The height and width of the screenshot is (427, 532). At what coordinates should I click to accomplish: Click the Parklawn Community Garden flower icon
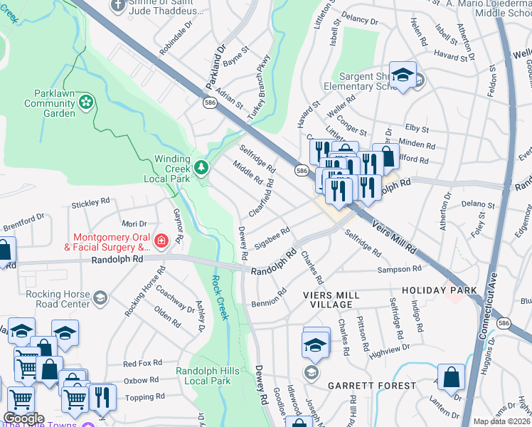(x=87, y=102)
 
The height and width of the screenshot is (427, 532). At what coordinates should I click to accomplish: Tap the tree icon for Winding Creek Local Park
(x=203, y=167)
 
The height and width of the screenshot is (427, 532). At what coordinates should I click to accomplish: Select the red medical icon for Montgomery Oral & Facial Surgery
(x=161, y=241)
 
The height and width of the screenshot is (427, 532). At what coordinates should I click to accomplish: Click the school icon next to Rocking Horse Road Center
(x=100, y=297)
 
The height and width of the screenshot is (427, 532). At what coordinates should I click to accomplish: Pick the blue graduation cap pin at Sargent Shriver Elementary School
(x=403, y=75)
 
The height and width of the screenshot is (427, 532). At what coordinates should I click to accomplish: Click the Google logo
(x=23, y=418)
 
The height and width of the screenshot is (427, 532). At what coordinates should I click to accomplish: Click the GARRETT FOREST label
(x=372, y=386)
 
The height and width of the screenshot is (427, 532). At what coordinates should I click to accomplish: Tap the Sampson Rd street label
(x=400, y=269)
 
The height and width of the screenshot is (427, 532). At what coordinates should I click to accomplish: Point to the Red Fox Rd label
(x=143, y=363)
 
